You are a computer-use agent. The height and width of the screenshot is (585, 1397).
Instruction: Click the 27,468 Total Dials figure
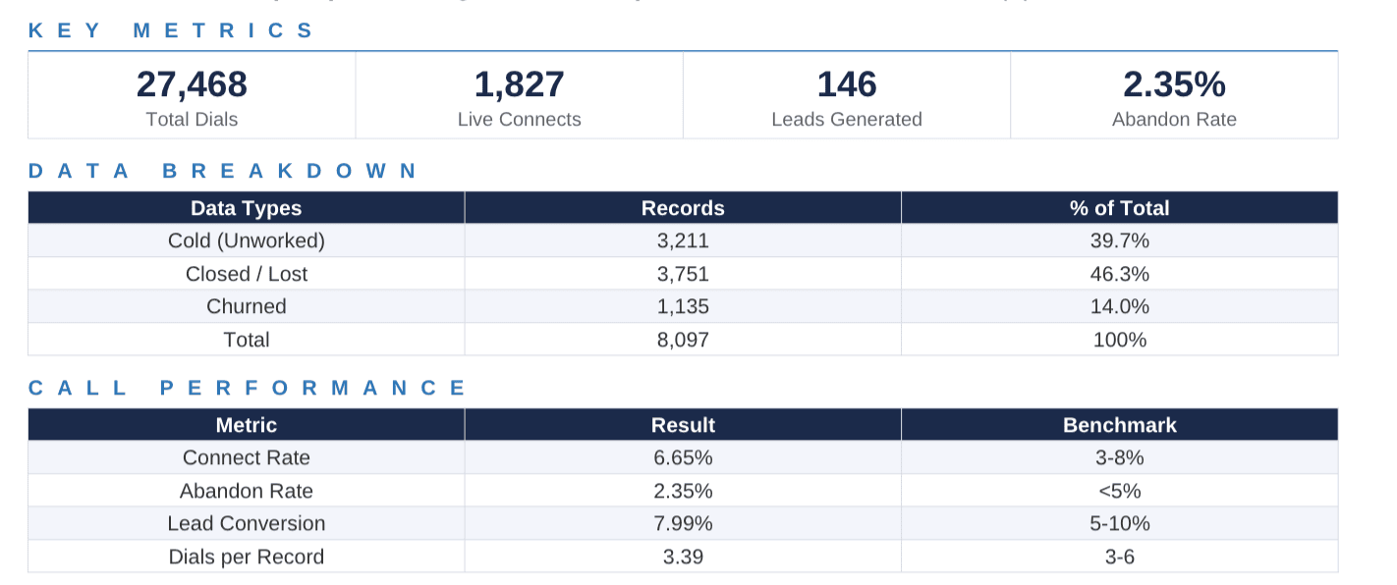click(192, 85)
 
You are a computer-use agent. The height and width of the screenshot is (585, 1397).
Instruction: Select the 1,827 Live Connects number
click(519, 85)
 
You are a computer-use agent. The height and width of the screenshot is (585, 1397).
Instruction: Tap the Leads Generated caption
click(846, 120)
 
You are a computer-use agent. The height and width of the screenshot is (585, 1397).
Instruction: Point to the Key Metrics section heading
click(171, 30)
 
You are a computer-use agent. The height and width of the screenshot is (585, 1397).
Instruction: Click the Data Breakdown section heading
click(223, 171)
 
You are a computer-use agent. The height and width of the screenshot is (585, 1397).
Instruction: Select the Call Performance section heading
click(248, 388)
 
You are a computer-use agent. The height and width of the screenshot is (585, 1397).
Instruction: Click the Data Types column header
click(246, 208)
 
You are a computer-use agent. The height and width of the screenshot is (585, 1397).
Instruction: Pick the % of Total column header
click(1119, 208)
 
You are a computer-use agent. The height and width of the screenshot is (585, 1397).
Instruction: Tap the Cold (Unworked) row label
click(246, 240)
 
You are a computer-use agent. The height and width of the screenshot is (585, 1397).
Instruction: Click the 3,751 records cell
click(683, 274)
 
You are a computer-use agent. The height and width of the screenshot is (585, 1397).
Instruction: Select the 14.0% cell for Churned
click(1119, 306)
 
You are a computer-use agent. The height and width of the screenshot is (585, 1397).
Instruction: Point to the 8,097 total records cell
click(683, 340)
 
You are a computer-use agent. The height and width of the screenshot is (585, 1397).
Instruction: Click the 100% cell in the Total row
click(1119, 340)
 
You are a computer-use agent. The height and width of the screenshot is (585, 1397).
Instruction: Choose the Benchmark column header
click(1119, 425)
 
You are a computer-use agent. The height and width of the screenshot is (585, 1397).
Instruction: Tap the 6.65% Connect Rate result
click(683, 457)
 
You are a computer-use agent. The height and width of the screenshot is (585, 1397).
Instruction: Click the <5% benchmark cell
click(1119, 491)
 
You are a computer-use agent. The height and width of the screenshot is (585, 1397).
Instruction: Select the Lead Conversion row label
click(246, 523)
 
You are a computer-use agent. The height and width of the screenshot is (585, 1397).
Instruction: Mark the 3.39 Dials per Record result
click(683, 557)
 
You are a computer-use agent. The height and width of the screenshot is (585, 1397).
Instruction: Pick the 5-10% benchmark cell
click(1119, 523)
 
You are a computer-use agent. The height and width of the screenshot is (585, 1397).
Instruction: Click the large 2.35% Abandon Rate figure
click(1174, 85)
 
